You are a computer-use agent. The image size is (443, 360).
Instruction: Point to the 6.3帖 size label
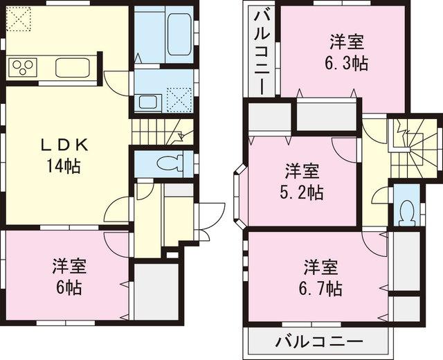click(345, 63)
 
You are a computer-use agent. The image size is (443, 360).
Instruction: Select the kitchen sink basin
click(71, 69)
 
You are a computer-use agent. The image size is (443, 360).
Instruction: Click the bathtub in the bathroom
click(179, 33)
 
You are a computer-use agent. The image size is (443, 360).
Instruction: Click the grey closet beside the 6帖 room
click(156, 291)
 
